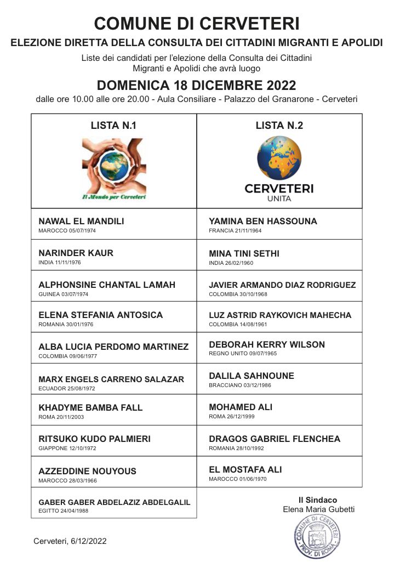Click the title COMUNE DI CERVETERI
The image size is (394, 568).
pos(197,24)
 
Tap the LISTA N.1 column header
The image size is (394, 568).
pos(113,126)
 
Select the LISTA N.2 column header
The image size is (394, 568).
pos(279,126)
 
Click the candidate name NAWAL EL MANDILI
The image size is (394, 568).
pos(81,221)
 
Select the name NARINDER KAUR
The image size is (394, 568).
pos(76,253)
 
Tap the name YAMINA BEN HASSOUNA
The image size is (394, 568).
pos(263,221)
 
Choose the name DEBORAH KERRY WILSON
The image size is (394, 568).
pos(267,345)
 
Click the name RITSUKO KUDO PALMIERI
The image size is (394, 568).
pos(94,439)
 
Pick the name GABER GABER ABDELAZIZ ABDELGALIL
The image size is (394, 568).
pos(114,502)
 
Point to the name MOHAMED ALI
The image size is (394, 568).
pos(241,407)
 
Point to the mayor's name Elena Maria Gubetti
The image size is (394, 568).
pos(318,509)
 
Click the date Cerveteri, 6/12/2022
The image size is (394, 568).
pos(70,541)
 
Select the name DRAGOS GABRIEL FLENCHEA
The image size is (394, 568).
pos(275,439)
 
